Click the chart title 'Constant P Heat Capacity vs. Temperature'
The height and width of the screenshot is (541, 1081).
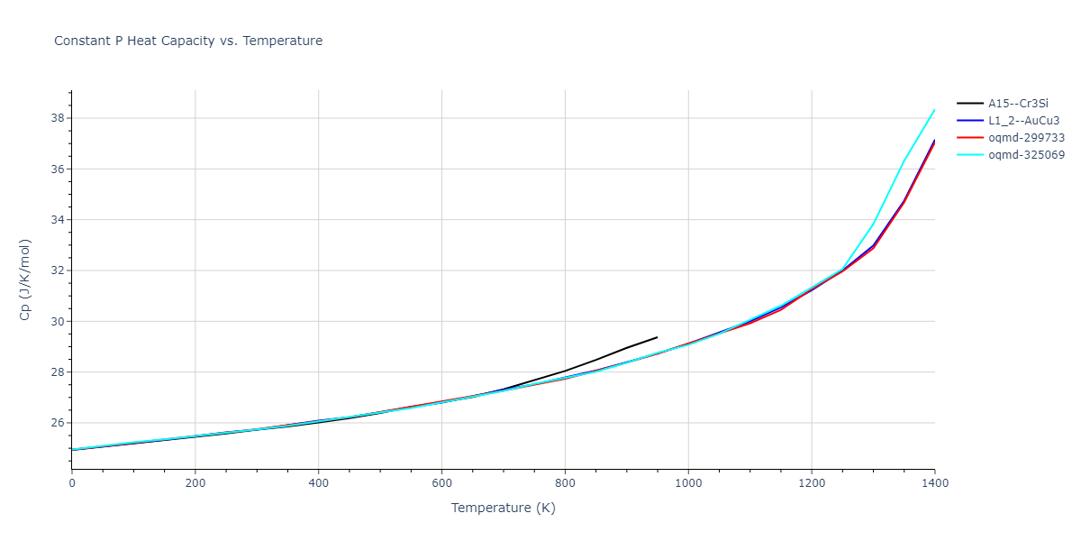coord(188,41)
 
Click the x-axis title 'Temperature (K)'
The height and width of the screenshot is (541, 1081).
coord(503,508)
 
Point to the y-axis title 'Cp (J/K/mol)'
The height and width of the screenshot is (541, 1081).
coord(25,280)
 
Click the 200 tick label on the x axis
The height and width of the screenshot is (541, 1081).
coord(195,483)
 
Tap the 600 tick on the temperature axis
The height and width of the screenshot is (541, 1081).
coord(441,483)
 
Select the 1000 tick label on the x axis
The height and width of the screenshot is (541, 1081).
coord(688,483)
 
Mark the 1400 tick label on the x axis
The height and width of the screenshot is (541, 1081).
coord(934,483)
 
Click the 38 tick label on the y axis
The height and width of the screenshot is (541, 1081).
coord(56,118)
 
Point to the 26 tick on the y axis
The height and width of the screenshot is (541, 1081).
coord(56,423)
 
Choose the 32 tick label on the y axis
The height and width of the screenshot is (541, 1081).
coord(56,270)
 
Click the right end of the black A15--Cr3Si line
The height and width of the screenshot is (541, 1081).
coord(657,337)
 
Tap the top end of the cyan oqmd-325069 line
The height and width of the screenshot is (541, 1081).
coord(934,110)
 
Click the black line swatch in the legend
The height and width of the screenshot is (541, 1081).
coord(969,104)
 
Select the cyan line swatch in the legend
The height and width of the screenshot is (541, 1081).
coord(969,155)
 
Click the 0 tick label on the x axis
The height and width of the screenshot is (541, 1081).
coord(72,483)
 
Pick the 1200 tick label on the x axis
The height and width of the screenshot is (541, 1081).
coord(812,483)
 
